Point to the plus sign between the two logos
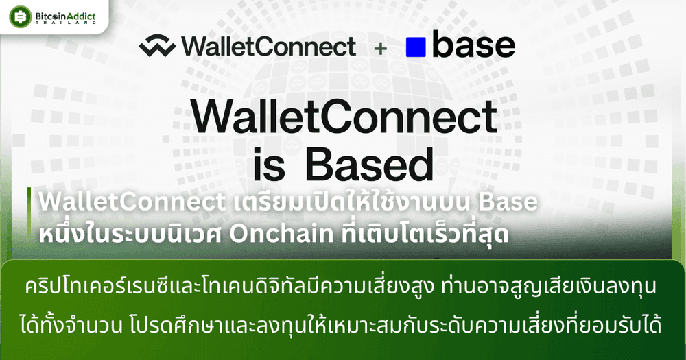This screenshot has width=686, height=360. pyautogui.click(x=381, y=48)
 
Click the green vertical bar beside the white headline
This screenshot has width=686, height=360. pyautogui.click(x=29, y=213)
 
